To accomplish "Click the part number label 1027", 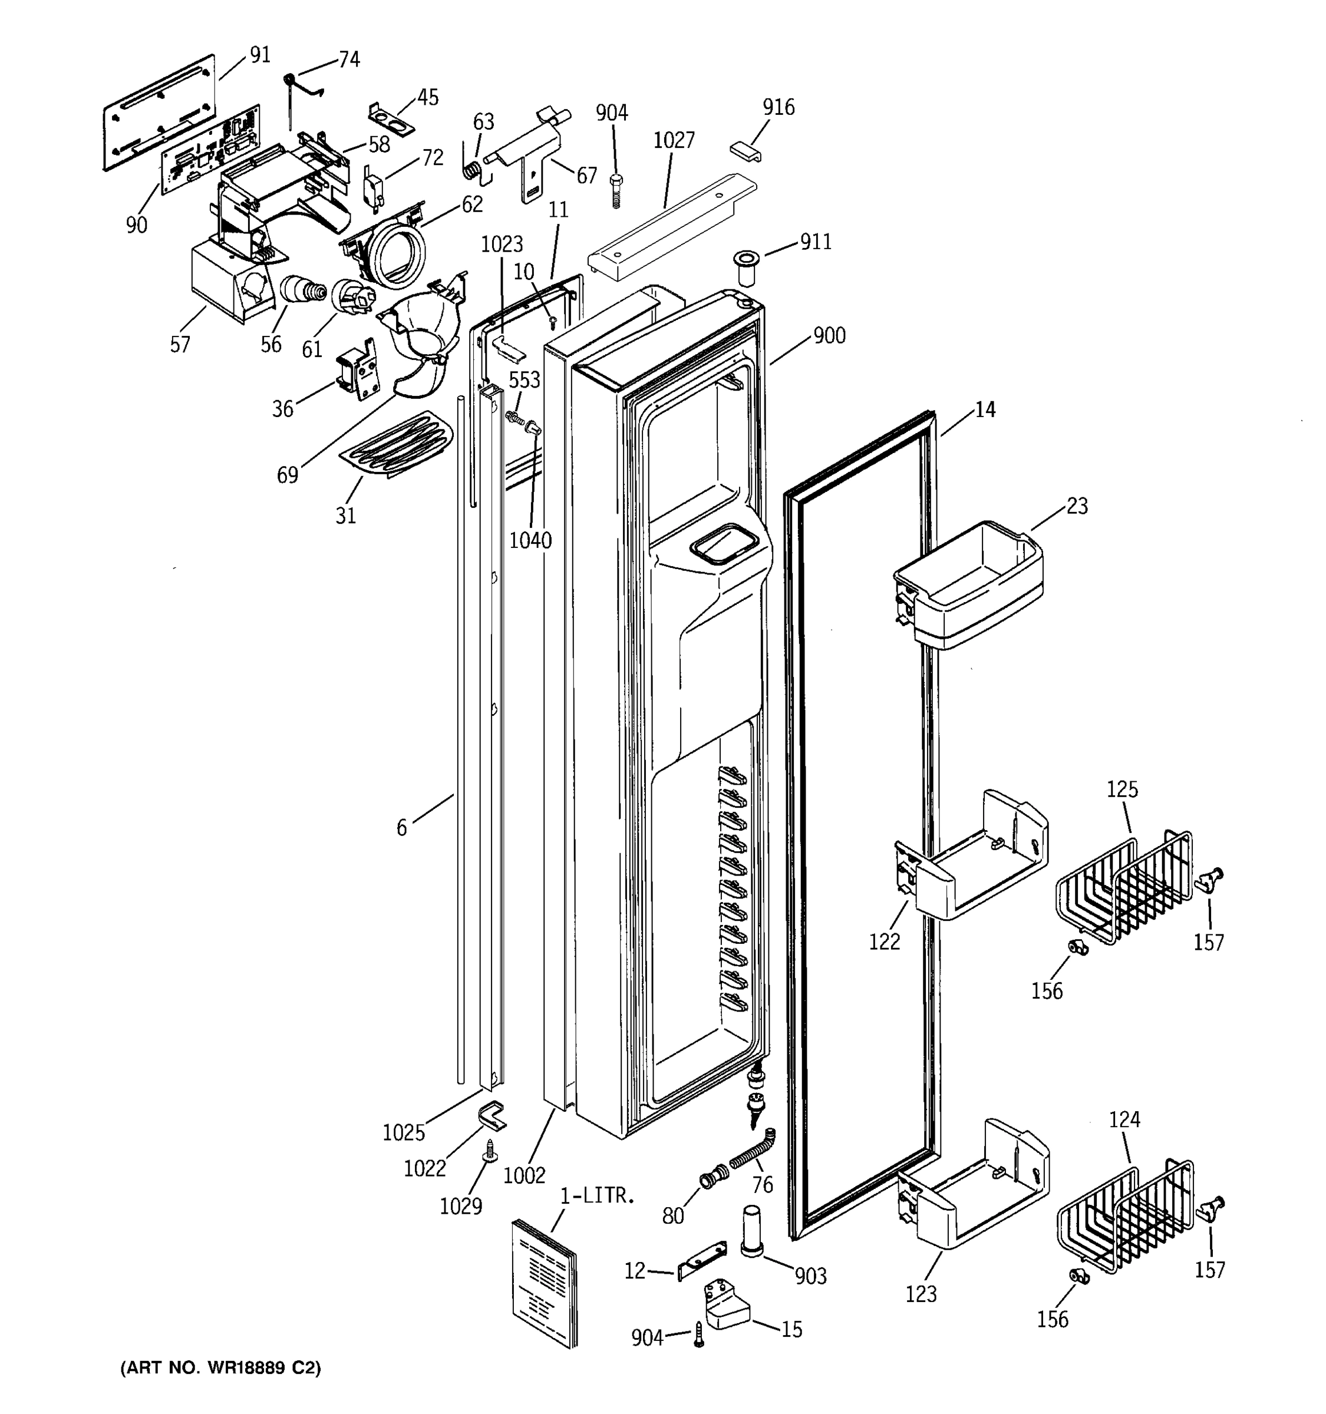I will (673, 140).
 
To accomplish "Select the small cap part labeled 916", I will (744, 151).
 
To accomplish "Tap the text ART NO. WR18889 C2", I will (220, 1368).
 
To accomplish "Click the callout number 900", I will (829, 335).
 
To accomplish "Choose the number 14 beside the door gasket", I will (985, 409).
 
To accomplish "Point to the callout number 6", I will (402, 827).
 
